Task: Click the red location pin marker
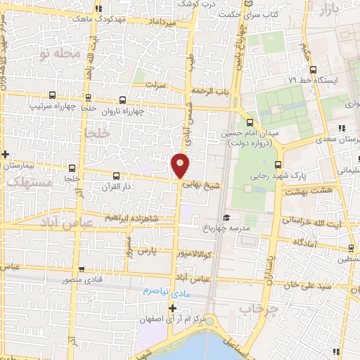(180, 165)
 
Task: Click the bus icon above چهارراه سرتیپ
(52, 95)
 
